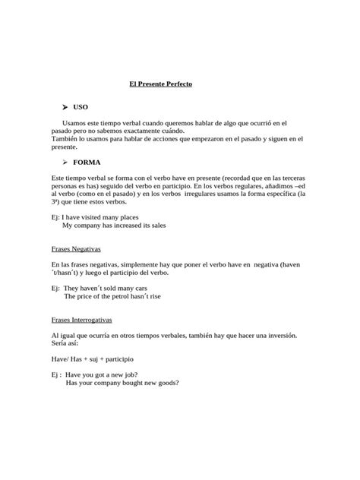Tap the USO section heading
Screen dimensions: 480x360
(81, 108)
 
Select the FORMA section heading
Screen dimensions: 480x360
(87, 162)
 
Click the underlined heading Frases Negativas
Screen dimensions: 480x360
(76, 248)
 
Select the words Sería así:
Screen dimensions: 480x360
(65, 343)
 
